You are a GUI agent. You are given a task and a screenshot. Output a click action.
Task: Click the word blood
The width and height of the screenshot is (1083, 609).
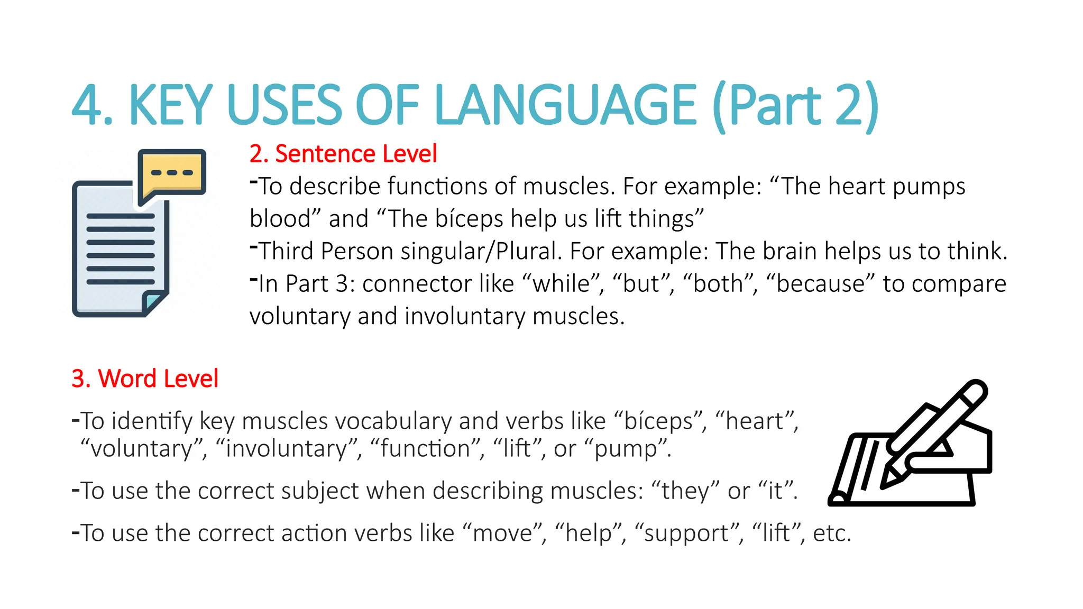pos(280,219)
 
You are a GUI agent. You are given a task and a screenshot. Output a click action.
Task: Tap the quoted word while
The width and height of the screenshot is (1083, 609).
pos(561,284)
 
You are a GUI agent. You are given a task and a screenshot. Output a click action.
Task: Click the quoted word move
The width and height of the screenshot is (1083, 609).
pos(503,533)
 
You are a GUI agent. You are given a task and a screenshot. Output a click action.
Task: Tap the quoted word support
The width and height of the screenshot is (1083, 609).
pos(686,533)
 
